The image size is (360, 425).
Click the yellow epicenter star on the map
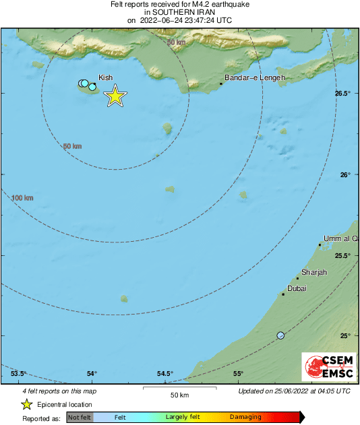point(115,96)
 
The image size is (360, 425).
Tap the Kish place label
point(106,77)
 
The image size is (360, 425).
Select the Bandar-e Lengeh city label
point(254,77)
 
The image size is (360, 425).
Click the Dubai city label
point(297,288)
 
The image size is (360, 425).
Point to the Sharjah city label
point(314,272)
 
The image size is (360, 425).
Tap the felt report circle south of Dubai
point(280,335)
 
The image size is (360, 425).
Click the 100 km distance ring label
point(22,198)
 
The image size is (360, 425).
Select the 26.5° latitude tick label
point(343,94)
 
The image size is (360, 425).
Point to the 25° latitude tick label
point(345,335)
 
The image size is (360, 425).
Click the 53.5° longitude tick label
point(19,374)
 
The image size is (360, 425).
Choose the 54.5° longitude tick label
point(165,374)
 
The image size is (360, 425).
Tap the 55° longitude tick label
point(238,374)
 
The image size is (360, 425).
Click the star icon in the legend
point(26,404)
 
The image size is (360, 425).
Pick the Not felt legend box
point(80,418)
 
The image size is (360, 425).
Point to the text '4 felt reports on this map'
point(59,391)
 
